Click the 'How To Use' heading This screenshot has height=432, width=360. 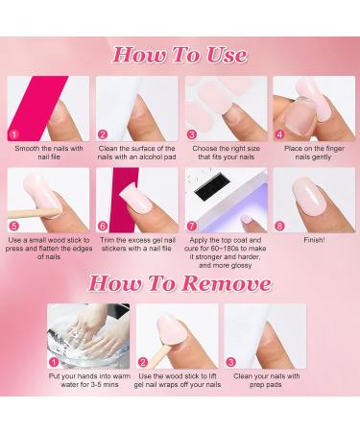(x=180, y=53)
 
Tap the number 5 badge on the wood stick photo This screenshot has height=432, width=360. (x=14, y=225)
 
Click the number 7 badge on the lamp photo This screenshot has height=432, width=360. (x=192, y=225)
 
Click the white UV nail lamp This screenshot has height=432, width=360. (x=226, y=192)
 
